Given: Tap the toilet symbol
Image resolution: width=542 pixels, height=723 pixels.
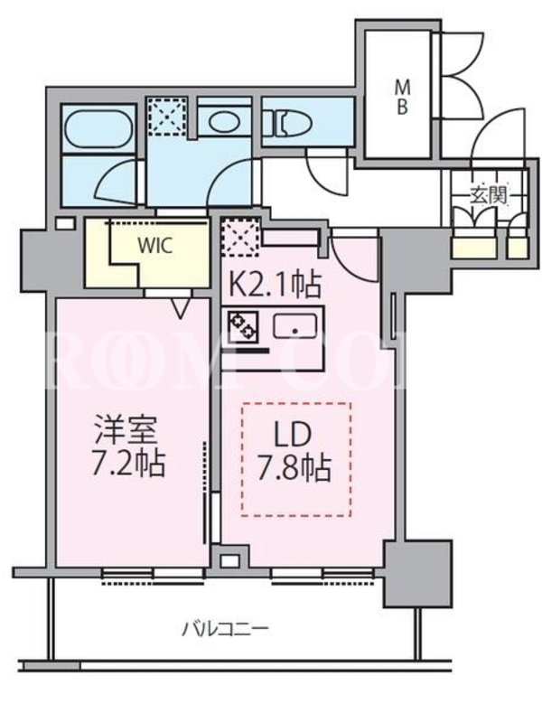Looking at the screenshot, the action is (294, 122).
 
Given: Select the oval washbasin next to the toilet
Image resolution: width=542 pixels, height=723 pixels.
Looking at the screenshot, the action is (223, 123).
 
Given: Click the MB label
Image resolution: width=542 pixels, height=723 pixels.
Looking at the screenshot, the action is (402, 97).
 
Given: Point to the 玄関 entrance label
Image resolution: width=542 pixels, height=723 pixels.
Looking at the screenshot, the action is (488, 195).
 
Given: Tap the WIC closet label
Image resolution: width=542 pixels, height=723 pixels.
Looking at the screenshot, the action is (155, 245).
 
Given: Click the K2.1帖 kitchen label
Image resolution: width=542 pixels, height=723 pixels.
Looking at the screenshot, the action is (275, 286).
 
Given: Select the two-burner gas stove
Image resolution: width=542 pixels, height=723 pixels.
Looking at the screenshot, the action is (242, 325).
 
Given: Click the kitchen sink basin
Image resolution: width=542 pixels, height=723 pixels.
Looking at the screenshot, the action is (295, 326).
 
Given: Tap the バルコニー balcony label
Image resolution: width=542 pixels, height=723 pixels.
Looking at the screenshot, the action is (225, 628).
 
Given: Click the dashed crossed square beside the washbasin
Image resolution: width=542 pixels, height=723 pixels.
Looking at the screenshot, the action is (167, 116).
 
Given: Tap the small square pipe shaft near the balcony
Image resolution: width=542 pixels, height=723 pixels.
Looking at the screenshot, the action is (229, 561).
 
